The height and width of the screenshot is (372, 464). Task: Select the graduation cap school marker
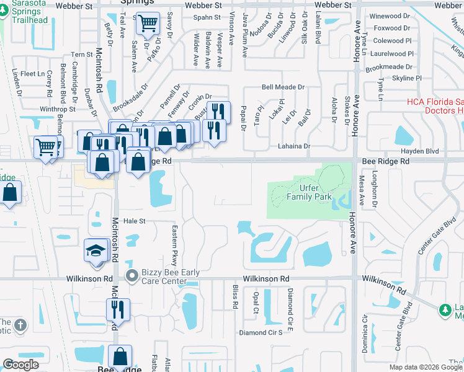tap(96, 252)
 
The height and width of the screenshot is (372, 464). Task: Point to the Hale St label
tap(133, 221)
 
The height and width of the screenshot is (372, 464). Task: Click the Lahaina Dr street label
tap(290, 146)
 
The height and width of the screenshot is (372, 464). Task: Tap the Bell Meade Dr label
tap(283, 87)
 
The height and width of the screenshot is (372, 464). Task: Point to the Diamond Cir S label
tap(265, 332)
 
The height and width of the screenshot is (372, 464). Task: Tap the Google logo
tap(20, 365)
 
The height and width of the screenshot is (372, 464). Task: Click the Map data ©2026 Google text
tap(426, 367)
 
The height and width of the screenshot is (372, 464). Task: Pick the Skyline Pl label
tap(407, 78)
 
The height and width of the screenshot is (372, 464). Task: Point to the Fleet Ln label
tap(31, 74)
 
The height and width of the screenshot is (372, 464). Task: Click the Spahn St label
tap(202, 17)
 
